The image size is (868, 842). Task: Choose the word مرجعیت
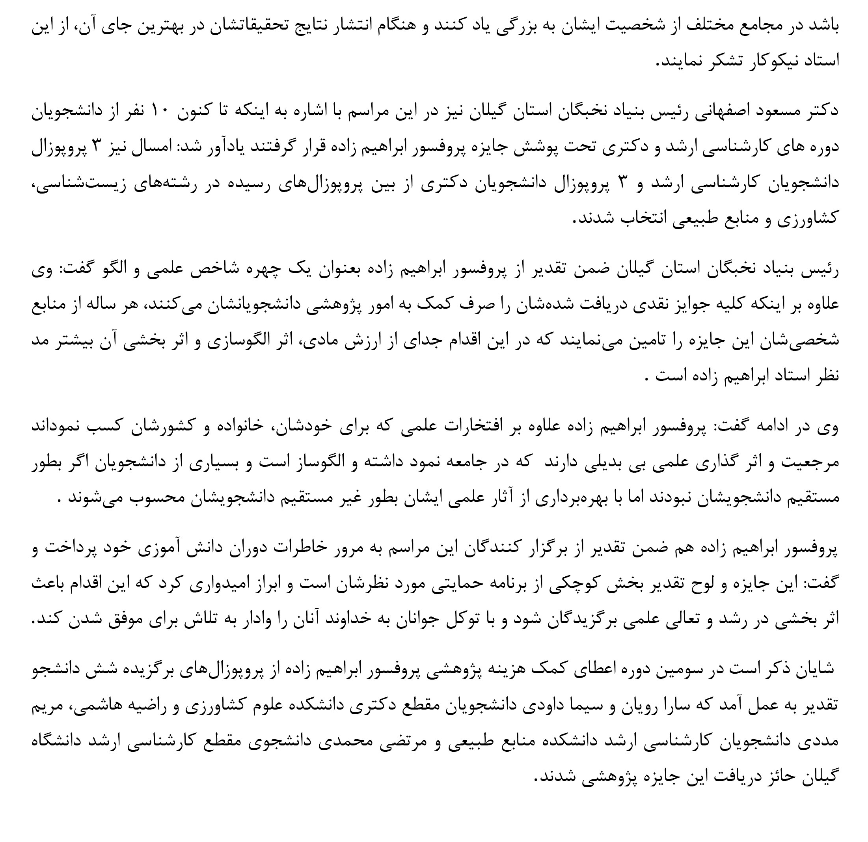coord(811,463)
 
